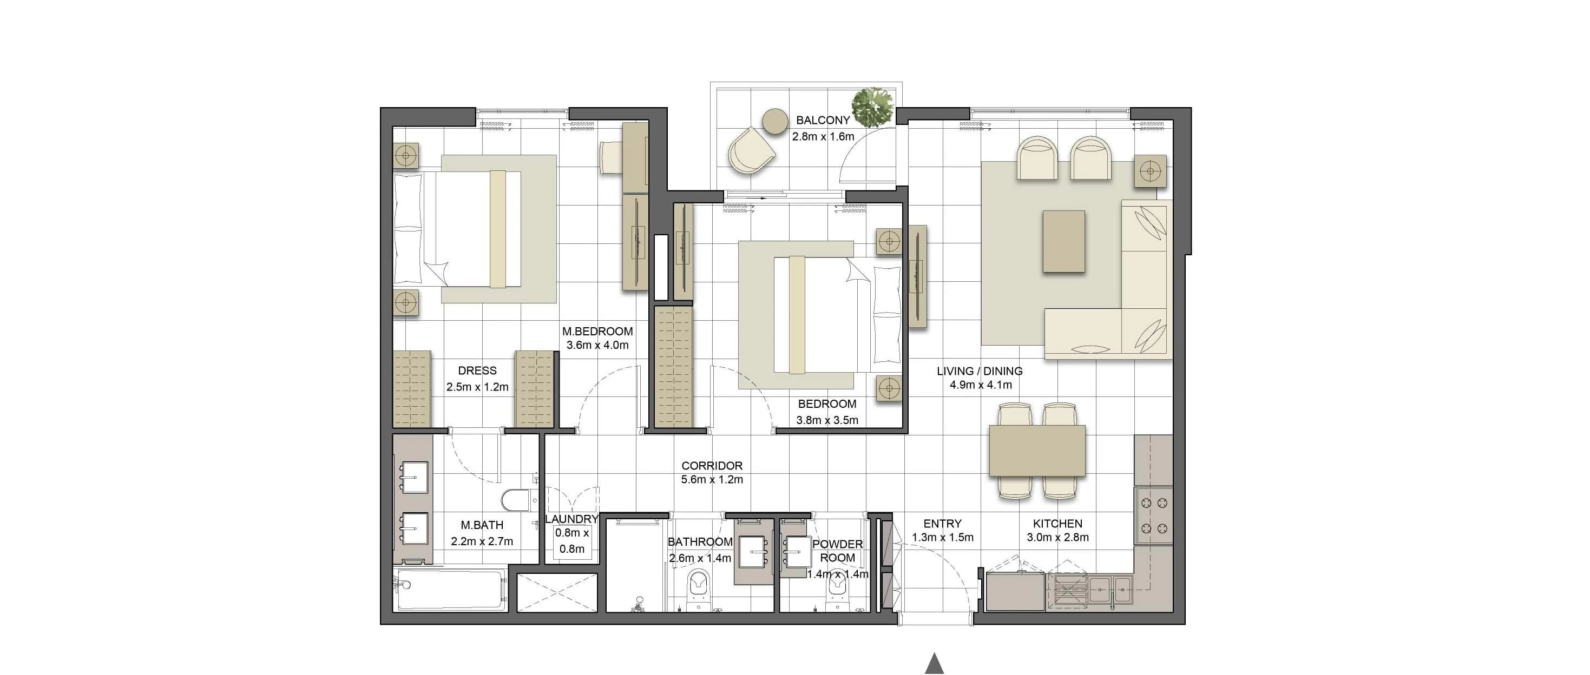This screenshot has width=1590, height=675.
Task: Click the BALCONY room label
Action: tap(823, 120)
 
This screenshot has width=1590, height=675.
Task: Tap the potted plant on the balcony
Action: tap(873, 107)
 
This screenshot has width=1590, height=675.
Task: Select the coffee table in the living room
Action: tap(1063, 241)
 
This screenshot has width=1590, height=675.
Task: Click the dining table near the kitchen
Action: tap(1037, 451)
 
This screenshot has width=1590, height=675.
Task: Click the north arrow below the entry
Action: tap(935, 663)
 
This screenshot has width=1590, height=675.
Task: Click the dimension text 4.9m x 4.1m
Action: tap(981, 385)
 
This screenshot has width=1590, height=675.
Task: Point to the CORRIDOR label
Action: tap(712, 466)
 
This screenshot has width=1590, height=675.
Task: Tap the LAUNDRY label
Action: tap(571, 519)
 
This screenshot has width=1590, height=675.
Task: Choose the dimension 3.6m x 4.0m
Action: tap(597, 345)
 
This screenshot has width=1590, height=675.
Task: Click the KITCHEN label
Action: tap(1057, 523)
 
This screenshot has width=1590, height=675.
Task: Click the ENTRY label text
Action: tap(943, 523)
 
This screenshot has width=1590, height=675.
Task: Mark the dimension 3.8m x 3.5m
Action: tap(827, 421)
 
